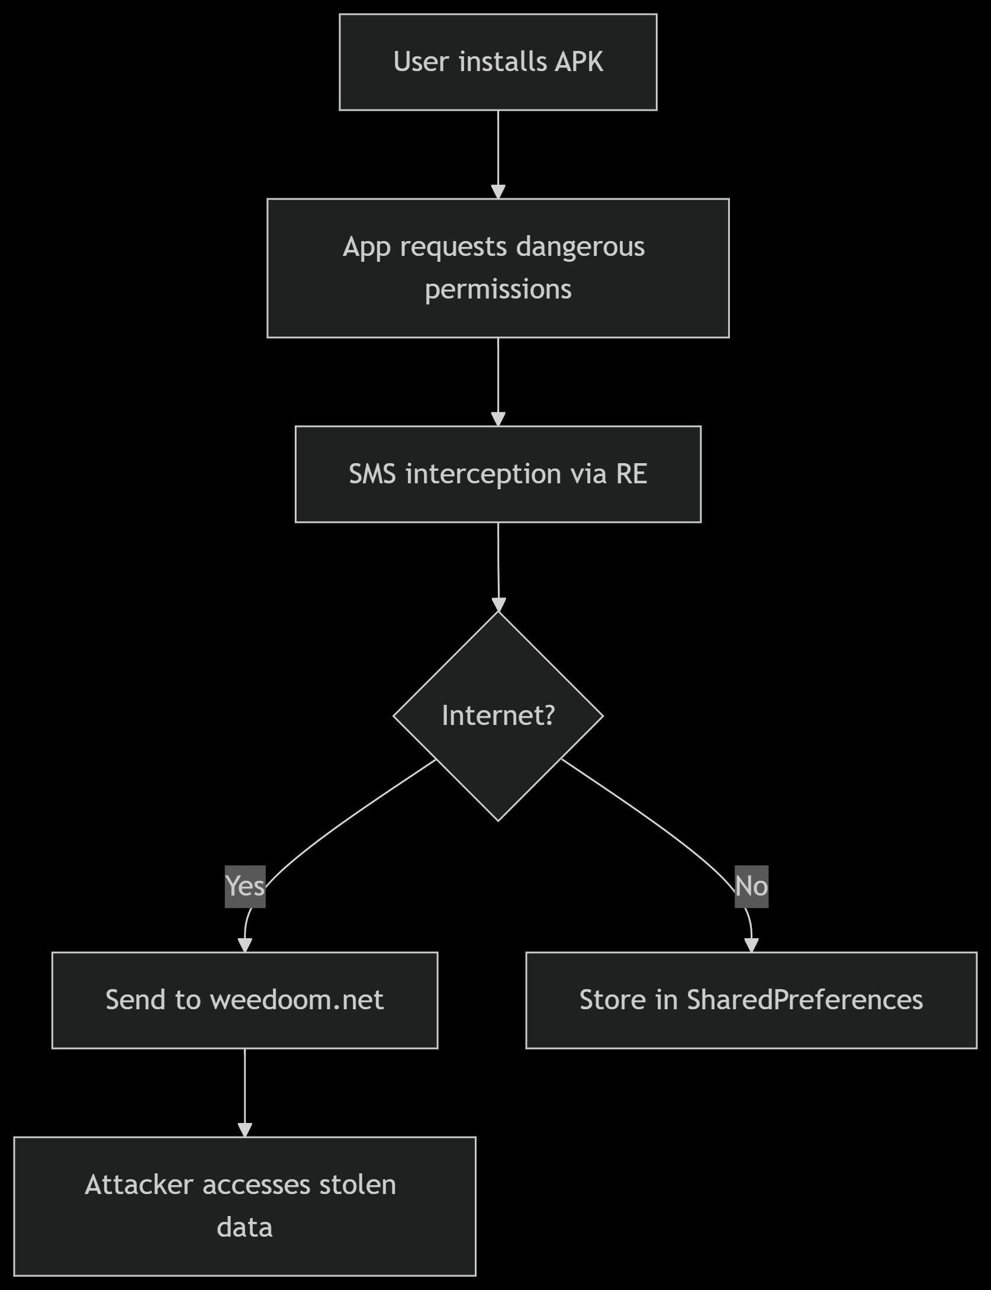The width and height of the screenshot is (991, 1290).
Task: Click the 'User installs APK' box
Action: tap(498, 62)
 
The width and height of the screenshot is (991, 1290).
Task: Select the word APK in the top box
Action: tap(578, 62)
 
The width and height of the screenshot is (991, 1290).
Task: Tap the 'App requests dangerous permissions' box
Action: tap(498, 268)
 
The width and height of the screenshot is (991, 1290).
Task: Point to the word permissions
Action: tap(498, 290)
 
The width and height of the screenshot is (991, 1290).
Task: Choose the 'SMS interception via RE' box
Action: tap(498, 474)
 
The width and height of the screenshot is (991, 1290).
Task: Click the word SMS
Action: tap(372, 474)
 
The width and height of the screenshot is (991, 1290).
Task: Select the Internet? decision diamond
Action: tap(498, 716)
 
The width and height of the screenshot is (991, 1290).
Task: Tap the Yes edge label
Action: tap(245, 887)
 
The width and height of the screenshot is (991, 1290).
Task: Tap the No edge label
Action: tap(751, 887)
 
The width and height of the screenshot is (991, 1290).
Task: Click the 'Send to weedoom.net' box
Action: tap(244, 1000)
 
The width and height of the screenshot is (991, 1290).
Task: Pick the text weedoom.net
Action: tap(297, 1000)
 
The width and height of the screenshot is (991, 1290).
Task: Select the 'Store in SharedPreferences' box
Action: tap(751, 1000)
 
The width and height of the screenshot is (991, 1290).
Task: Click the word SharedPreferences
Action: tap(805, 1000)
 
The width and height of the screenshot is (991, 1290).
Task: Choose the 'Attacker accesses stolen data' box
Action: tap(244, 1206)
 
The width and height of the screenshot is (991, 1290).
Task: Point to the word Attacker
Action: tap(139, 1185)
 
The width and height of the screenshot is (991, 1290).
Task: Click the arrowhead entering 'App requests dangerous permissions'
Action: tap(498, 191)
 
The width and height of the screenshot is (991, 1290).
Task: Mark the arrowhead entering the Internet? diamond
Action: tap(499, 604)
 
